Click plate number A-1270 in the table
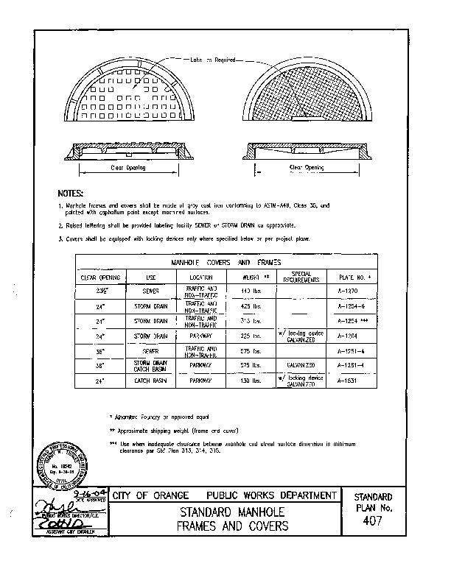[347, 291]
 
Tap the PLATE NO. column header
[347, 278]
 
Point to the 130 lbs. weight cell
[254, 380]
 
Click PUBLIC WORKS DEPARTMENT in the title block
[272, 495]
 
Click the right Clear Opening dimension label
[307, 168]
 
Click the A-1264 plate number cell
[347, 335]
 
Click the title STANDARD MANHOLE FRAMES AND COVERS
[226, 520]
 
